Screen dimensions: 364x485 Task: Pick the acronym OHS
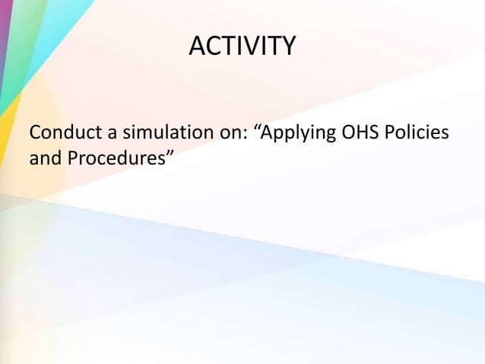click(364, 135)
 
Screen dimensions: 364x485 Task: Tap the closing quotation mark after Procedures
click(170, 156)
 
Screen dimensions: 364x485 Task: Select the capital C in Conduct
click(35, 135)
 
